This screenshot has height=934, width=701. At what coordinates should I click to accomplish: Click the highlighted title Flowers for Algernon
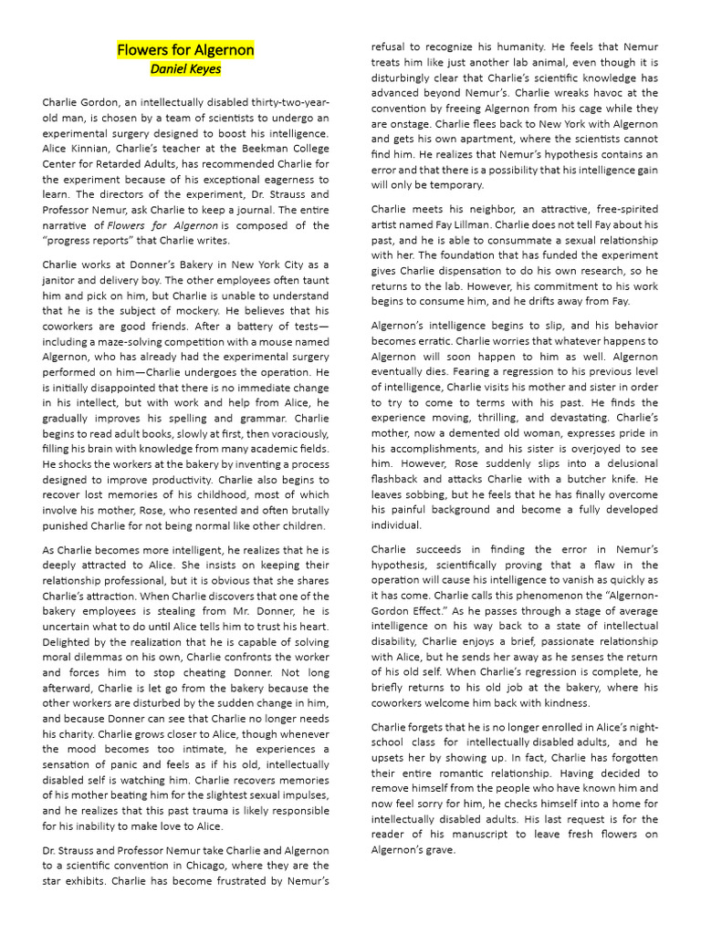pyautogui.click(x=185, y=49)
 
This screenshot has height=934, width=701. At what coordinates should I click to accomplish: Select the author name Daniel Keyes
pyautogui.click(x=185, y=68)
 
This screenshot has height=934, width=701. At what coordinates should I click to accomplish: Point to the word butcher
pyautogui.click(x=589, y=479)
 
